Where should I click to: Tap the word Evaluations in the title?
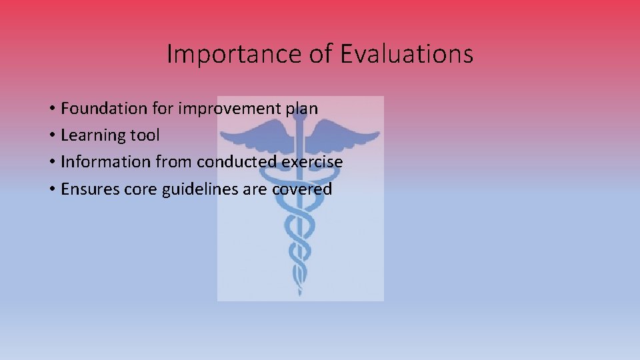(x=407, y=54)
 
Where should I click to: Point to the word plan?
(x=302, y=109)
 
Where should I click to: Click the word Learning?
(x=91, y=135)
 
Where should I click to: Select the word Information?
(x=105, y=162)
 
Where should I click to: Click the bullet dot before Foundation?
(x=51, y=109)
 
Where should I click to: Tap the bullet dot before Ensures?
(x=51, y=190)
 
